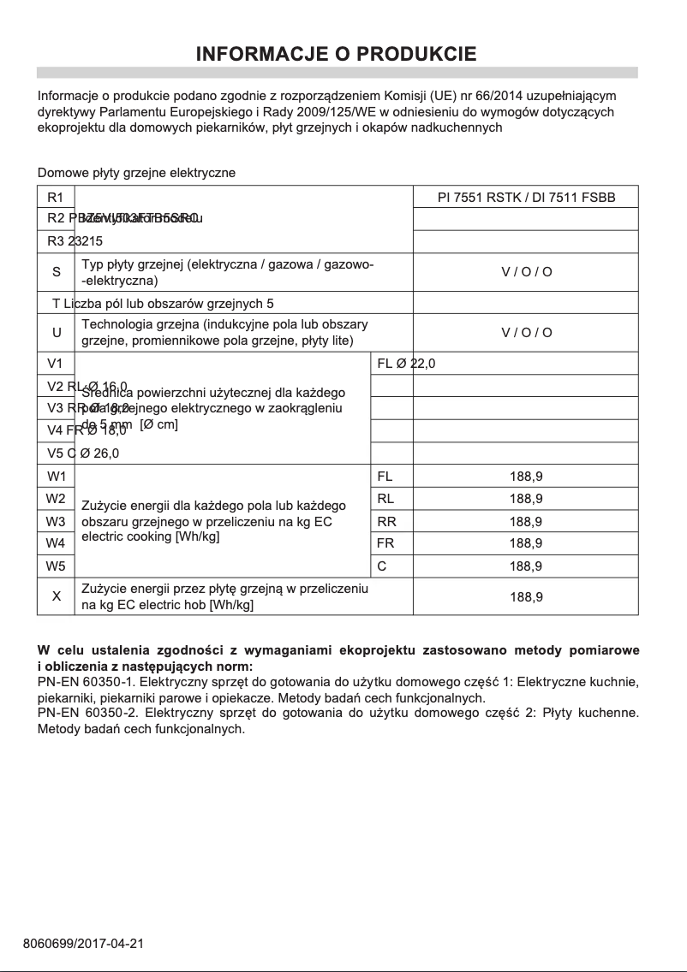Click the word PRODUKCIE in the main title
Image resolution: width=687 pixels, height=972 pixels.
point(416,55)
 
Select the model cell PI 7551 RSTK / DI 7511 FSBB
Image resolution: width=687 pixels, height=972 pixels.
point(526,198)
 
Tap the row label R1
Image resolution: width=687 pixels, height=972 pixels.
point(56,198)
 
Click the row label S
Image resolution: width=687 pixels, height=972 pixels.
point(56,272)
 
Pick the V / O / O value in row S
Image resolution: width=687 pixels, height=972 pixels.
point(526,272)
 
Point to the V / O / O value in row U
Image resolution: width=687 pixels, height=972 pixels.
point(526,333)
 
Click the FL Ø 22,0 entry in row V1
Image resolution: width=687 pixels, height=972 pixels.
point(406,364)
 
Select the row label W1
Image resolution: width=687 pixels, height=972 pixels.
point(56,476)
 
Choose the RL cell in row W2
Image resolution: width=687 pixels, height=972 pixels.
point(385,499)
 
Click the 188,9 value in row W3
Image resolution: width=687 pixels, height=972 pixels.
point(526,521)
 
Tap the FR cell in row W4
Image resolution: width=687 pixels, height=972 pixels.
point(385,543)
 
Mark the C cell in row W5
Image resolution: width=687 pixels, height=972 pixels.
point(381,566)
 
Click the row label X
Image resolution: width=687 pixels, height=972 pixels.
point(56,596)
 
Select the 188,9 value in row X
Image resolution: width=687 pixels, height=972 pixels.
point(526,596)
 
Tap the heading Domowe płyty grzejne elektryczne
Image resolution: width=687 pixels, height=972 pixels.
point(136,173)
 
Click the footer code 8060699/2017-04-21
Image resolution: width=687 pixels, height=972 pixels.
point(83,943)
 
